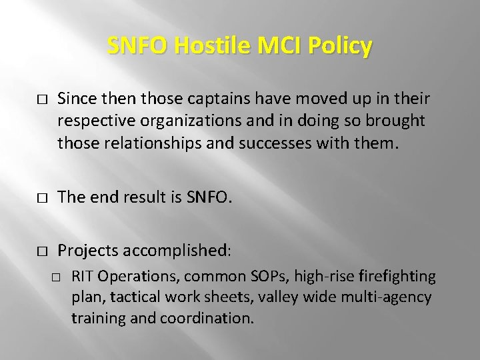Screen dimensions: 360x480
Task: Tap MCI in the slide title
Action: (270, 47)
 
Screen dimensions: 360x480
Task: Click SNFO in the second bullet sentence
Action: (213, 197)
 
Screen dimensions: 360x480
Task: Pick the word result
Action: (143, 197)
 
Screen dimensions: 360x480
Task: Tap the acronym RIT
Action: (83, 276)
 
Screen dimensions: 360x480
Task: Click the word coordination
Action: (207, 318)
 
